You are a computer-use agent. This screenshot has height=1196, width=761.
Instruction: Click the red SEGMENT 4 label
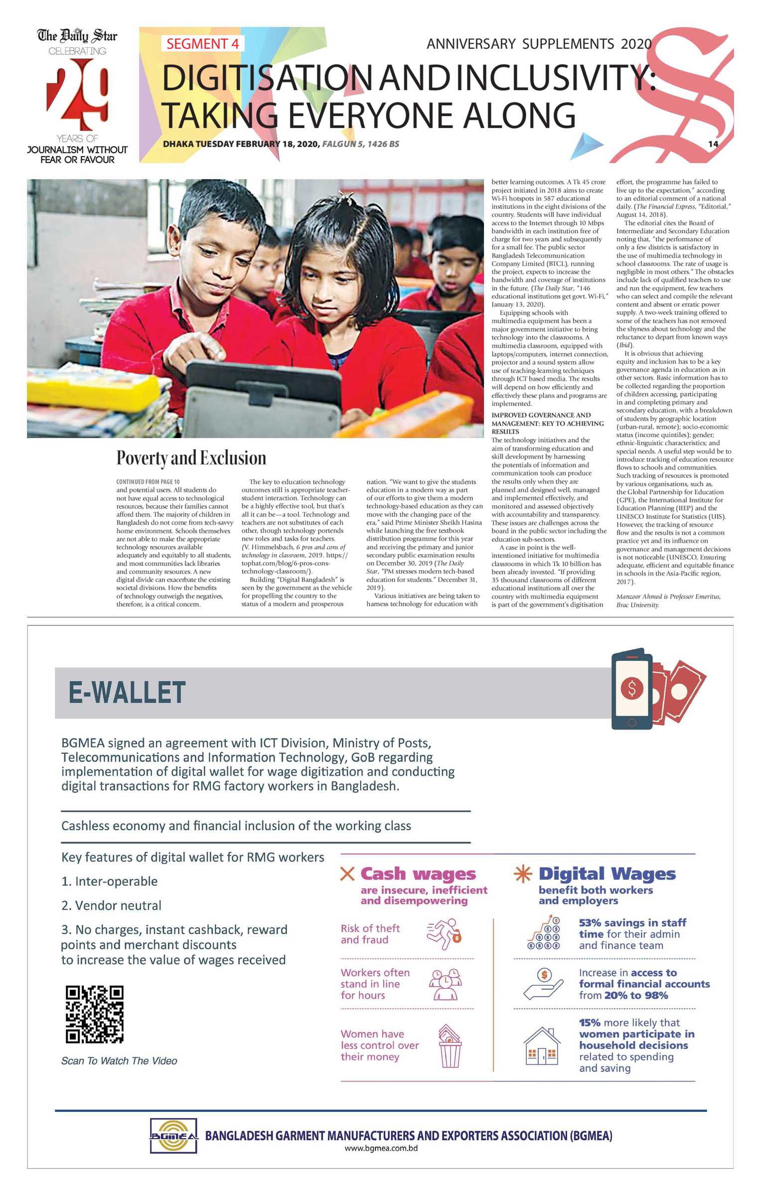[x=202, y=44]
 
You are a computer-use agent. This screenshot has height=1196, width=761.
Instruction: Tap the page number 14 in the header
[x=713, y=144]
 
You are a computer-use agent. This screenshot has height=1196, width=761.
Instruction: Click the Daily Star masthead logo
[x=77, y=36]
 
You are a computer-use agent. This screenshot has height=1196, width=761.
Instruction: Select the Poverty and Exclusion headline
[x=191, y=458]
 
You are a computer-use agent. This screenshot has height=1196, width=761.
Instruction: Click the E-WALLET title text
[x=127, y=693]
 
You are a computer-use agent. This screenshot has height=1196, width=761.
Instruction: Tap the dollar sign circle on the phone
[x=632, y=688]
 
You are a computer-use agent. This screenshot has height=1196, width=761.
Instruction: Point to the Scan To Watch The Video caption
[x=119, y=1061]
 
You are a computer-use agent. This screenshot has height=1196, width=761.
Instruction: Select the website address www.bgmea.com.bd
[x=381, y=1148]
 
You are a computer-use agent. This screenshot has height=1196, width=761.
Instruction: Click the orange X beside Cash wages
[x=347, y=874]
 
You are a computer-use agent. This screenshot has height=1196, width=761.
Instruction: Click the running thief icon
[x=444, y=934]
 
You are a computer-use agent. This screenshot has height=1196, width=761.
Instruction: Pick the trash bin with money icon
[x=450, y=1046]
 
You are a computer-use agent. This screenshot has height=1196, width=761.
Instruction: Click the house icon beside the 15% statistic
[x=542, y=1046]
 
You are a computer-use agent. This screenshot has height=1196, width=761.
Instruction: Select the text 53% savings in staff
[x=632, y=922]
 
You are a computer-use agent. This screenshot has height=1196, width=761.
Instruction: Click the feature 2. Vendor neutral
[x=111, y=905]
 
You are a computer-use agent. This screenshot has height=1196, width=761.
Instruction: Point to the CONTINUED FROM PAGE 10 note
[x=148, y=482]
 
